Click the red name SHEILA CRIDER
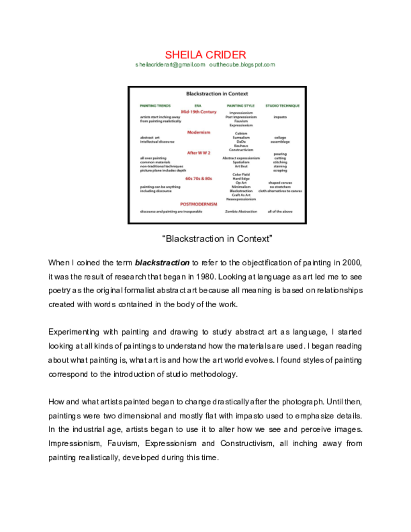(x=205, y=55)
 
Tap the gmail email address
(x=170, y=65)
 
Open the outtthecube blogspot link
(x=242, y=65)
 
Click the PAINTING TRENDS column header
(x=155, y=105)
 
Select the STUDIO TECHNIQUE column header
(x=282, y=105)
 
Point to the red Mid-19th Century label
(x=198, y=112)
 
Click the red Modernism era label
(x=198, y=132)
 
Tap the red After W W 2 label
(x=198, y=153)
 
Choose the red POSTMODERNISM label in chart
(x=198, y=204)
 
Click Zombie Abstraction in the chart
(x=241, y=211)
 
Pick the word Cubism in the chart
(x=241, y=134)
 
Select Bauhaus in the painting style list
(x=241, y=146)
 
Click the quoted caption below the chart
(x=217, y=239)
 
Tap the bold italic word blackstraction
(x=162, y=262)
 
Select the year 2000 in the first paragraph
(x=352, y=262)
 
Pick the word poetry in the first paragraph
(x=59, y=290)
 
